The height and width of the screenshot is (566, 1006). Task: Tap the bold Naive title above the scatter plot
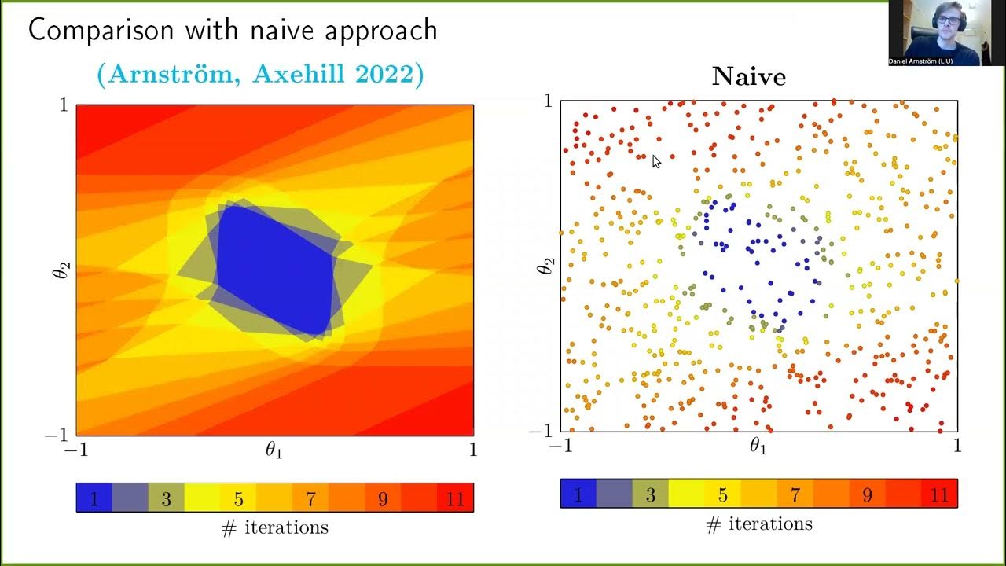pos(748,76)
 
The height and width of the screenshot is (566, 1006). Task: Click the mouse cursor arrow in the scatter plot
pos(656,161)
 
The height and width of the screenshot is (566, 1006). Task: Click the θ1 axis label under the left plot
pos(274,450)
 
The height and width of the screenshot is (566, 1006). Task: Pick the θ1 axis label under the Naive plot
pos(758,447)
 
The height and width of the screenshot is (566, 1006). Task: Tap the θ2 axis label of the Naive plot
pos(544,266)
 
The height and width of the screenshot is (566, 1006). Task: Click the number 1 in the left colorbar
pos(94,499)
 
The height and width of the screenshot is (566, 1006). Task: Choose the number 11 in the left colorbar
pos(455,499)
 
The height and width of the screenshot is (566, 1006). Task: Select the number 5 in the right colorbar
pos(722,495)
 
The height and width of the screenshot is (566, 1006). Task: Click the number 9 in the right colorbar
pos(867,495)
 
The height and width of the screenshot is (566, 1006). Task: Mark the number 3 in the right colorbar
pos(650,495)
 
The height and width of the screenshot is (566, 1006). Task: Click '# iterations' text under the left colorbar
pos(275,527)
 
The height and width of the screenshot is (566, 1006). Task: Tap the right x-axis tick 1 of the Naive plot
pos(957,446)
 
